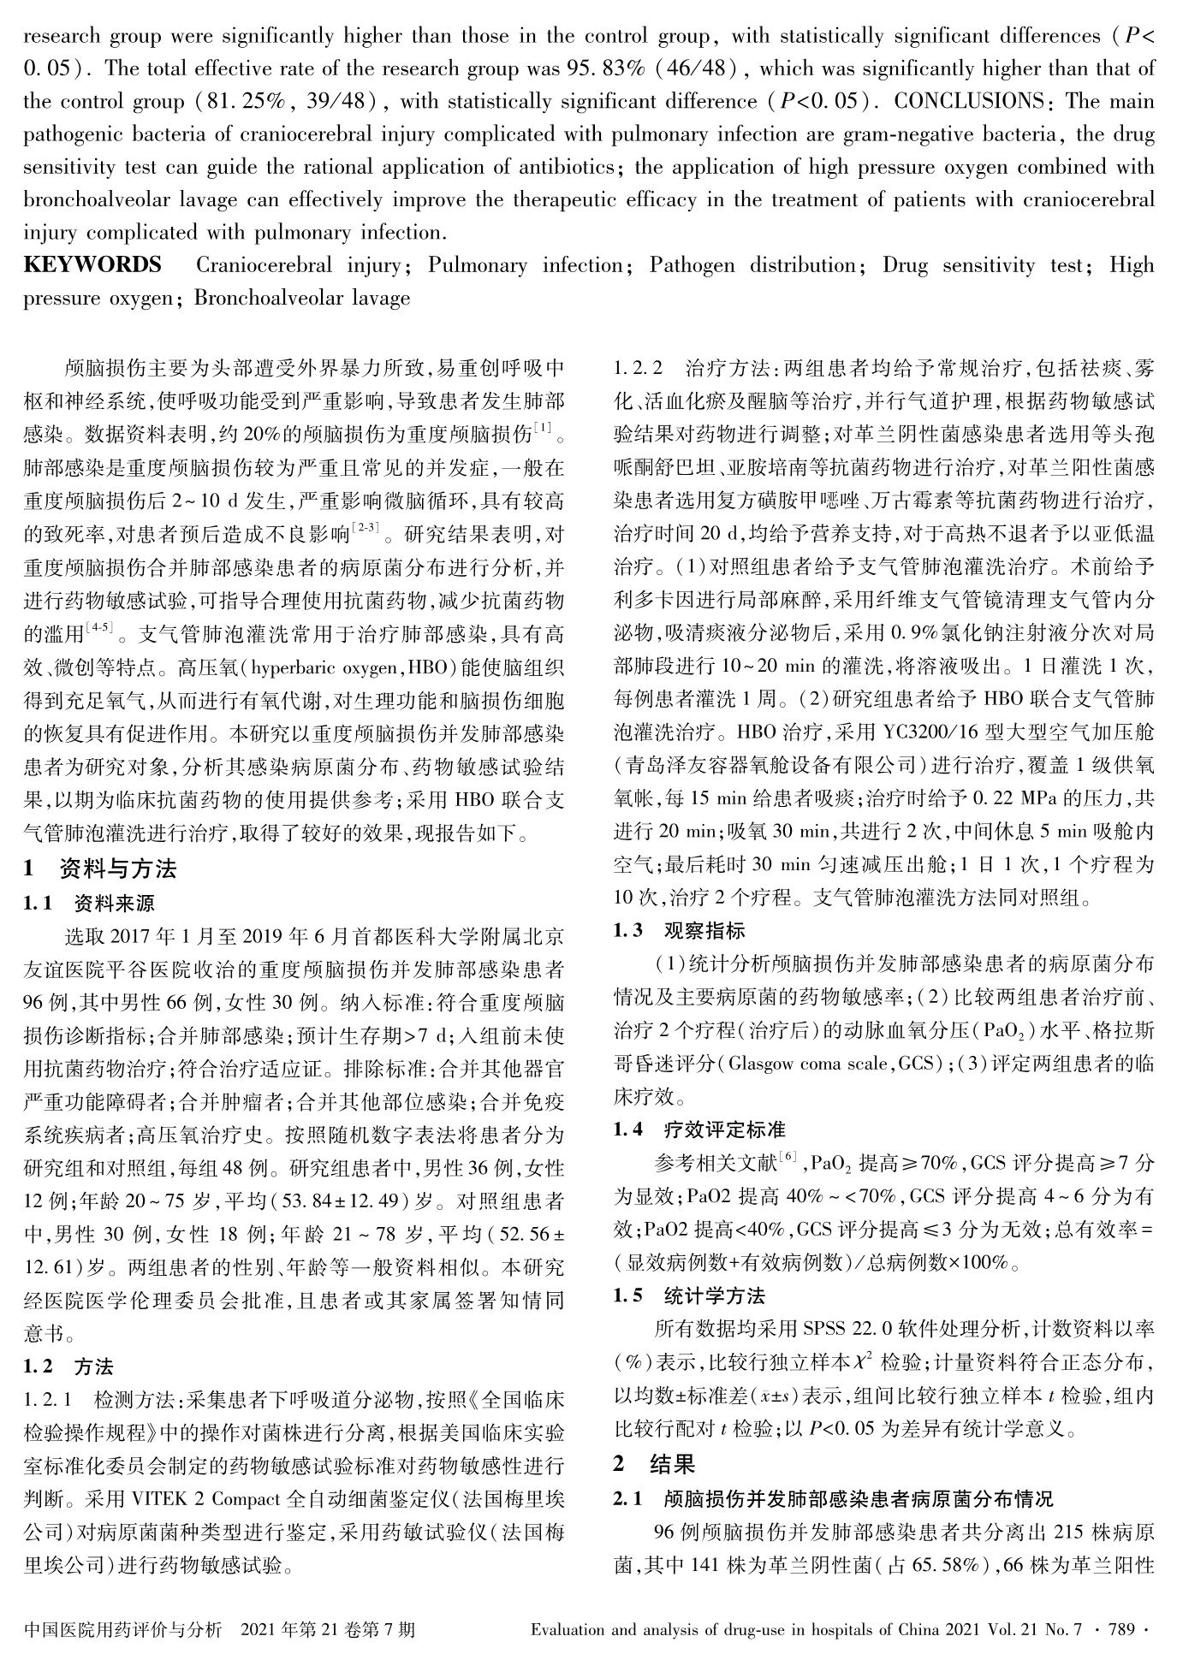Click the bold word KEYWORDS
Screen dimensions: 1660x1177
pyautogui.click(x=92, y=265)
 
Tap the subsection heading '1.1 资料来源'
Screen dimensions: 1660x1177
pyautogui.click(x=89, y=904)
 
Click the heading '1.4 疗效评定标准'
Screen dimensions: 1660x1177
pyautogui.click(x=699, y=1130)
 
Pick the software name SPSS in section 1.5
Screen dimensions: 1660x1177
pyautogui.click(x=826, y=1329)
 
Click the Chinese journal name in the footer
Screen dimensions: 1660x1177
pyautogui.click(x=123, y=1629)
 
